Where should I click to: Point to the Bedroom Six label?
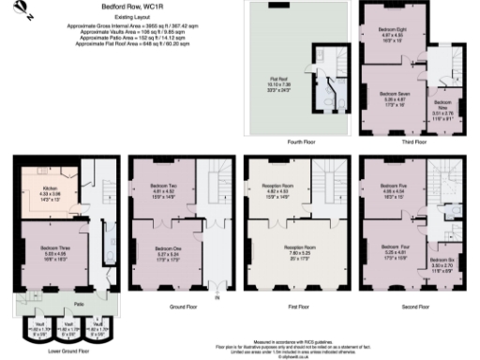click(442, 262)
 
